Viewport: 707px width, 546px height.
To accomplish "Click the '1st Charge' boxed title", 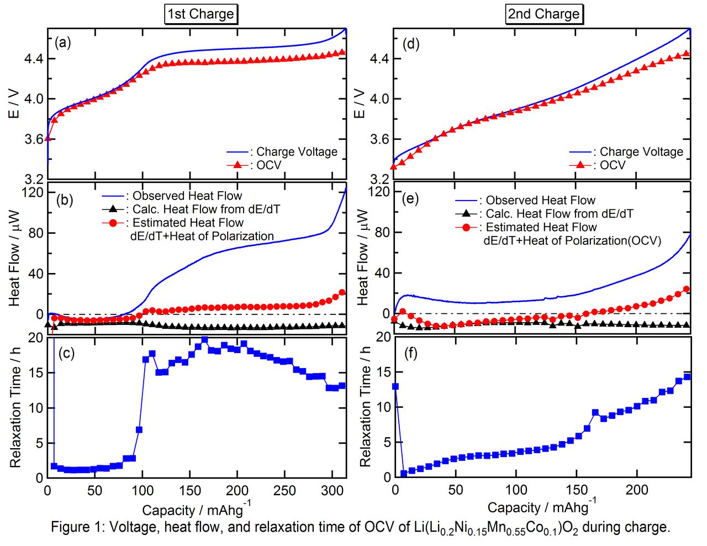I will [x=201, y=14].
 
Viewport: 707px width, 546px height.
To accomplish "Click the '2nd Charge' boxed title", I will [x=544, y=14].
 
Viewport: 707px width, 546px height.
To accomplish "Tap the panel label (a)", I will [x=63, y=43].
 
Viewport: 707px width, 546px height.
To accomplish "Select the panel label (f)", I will [x=411, y=354].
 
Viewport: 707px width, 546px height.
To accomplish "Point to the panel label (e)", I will [x=411, y=200].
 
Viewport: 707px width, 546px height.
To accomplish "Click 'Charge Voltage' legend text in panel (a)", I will [x=297, y=152].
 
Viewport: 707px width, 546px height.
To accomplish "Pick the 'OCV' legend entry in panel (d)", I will [x=613, y=165].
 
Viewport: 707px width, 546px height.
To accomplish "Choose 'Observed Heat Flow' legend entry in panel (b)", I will [x=187, y=196].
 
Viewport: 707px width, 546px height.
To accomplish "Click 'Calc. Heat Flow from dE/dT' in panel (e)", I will [x=559, y=214].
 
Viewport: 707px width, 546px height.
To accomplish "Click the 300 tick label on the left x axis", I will [x=332, y=491].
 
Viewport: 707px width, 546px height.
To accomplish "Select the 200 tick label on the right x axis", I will [x=637, y=490].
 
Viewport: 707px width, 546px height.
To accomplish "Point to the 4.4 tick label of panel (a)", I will [x=33, y=59].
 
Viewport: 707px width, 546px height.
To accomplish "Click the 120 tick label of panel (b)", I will [x=32, y=192].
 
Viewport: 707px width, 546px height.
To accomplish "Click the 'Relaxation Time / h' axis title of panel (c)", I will [x=15, y=408].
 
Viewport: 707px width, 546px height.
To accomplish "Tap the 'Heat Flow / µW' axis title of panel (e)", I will [x=363, y=256].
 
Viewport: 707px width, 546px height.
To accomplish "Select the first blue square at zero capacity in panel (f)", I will [x=395, y=386].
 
